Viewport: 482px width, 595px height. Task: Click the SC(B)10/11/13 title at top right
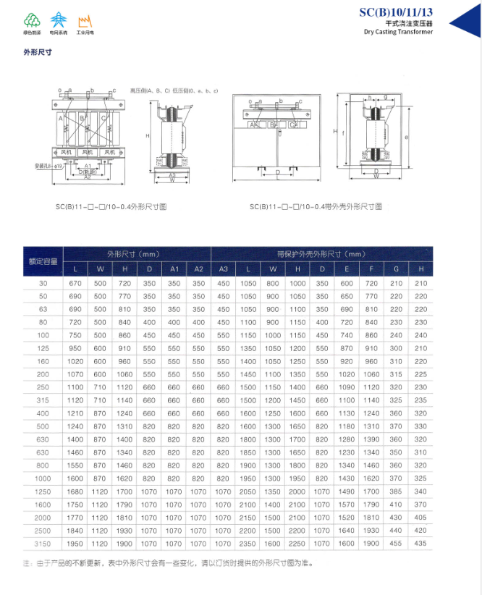tap(396, 12)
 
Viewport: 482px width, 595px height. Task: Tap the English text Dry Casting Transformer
tap(398, 32)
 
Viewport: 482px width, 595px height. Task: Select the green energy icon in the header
tap(31, 20)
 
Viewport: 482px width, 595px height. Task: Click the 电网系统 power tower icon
tap(59, 20)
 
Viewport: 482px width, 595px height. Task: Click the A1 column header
tap(174, 269)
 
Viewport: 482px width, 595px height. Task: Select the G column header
tap(396, 269)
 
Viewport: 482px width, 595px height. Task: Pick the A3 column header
tap(223, 269)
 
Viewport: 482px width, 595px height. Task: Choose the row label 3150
tap(43, 543)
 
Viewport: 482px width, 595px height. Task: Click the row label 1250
tap(43, 491)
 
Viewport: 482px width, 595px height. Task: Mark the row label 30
tap(43, 283)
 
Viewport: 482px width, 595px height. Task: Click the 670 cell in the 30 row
tap(76, 283)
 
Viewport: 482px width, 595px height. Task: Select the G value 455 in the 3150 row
tap(396, 543)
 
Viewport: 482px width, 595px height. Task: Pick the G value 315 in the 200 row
tap(396, 374)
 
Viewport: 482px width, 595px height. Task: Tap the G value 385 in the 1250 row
tap(396, 491)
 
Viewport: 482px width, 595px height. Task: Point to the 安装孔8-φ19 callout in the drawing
tap(48, 165)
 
